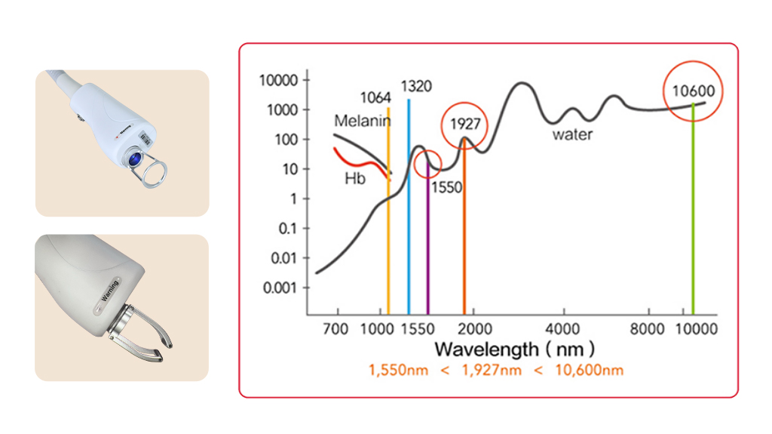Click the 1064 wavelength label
pyautogui.click(x=375, y=98)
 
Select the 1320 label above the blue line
pyautogui.click(x=416, y=87)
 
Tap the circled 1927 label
pyautogui.click(x=464, y=123)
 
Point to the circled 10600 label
pyautogui.click(x=694, y=92)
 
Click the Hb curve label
pyautogui.click(x=354, y=179)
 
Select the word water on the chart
pyautogui.click(x=572, y=135)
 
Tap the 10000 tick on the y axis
pyautogui.click(x=279, y=80)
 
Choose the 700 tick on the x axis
pyautogui.click(x=336, y=330)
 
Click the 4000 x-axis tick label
pyautogui.click(x=563, y=330)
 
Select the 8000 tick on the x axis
pyautogui.click(x=648, y=330)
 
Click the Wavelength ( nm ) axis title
pyautogui.click(x=514, y=349)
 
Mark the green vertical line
pyautogui.click(x=693, y=226)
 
